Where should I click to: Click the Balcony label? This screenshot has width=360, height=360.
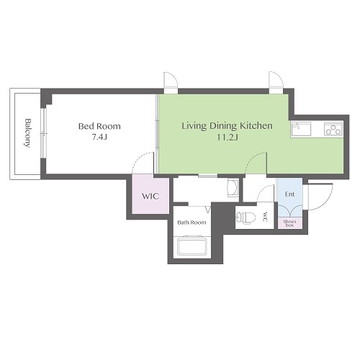[28, 132]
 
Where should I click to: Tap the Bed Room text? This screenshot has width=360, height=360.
[99, 126]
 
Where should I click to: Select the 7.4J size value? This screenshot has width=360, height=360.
[99, 137]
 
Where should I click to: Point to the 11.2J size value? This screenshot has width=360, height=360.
[228, 138]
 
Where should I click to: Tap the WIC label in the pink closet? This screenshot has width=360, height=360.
[150, 197]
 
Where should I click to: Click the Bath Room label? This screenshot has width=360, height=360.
[192, 222]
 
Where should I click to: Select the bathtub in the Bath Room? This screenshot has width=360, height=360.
[192, 246]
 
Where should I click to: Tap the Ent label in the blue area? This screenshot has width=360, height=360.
[289, 194]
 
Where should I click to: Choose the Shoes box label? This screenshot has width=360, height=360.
[289, 223]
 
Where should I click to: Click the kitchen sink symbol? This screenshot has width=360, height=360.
[301, 129]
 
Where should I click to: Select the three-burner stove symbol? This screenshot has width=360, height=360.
[333, 129]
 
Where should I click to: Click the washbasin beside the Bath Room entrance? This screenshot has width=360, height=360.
[233, 188]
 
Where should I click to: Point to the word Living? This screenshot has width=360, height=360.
[194, 126]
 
